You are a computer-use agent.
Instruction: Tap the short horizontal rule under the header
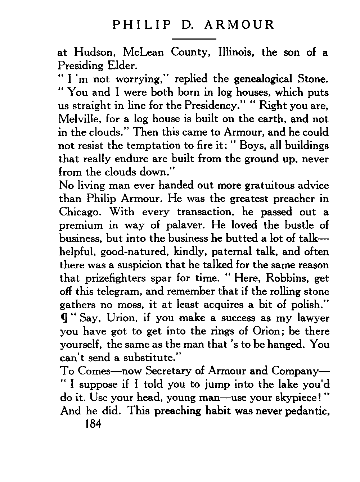tap(194, 38)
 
